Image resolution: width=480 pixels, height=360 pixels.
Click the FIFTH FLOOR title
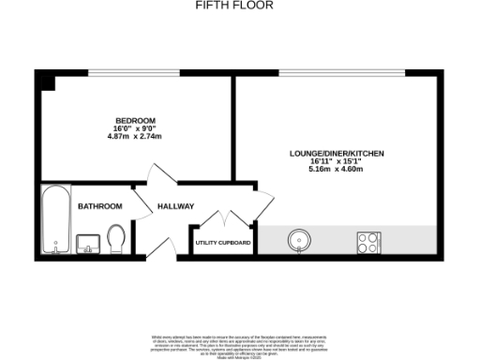tap(233, 5)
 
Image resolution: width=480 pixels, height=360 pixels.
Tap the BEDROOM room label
tap(135, 120)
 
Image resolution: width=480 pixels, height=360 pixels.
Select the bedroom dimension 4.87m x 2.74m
tap(135, 137)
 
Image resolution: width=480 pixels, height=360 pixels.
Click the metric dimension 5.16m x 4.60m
tap(335, 170)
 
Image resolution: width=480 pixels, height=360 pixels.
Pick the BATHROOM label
tap(99, 206)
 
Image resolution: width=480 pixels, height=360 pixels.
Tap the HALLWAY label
tap(175, 206)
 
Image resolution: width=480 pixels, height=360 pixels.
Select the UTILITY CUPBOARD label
tap(222, 243)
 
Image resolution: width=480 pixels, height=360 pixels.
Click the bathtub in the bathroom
tap(54, 219)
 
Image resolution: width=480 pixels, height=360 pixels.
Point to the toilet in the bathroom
tap(117, 238)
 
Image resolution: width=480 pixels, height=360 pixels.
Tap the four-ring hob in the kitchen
tap(367, 241)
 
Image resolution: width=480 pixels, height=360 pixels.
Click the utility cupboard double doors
tap(223, 220)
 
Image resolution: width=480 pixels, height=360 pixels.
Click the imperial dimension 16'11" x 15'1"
tap(335, 161)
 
